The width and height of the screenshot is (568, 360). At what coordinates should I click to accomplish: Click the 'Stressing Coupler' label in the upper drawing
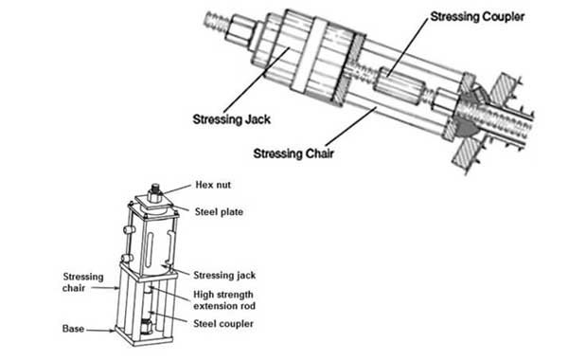tap(477, 17)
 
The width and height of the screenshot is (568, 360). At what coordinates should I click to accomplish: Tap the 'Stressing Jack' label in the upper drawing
tap(232, 119)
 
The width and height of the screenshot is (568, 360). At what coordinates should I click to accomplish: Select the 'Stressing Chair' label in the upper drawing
tap(293, 153)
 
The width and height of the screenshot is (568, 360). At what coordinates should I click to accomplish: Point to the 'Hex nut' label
tap(213, 185)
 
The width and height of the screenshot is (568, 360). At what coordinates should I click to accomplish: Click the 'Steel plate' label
tap(219, 211)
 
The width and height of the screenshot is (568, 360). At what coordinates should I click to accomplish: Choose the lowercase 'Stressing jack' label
tap(224, 275)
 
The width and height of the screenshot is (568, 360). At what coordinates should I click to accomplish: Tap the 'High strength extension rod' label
tap(224, 299)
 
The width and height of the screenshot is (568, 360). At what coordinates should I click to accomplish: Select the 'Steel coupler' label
tap(223, 323)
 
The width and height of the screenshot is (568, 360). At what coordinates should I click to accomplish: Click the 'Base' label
tap(73, 329)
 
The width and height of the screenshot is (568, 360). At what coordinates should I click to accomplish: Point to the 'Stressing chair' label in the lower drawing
tap(83, 282)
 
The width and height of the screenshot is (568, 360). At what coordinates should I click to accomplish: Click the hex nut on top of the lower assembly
tap(155, 193)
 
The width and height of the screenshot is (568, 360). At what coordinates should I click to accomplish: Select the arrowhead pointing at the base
tap(113, 331)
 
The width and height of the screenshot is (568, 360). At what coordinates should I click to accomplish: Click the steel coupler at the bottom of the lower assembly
tap(147, 326)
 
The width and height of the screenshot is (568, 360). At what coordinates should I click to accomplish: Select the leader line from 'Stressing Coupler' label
tap(407, 47)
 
